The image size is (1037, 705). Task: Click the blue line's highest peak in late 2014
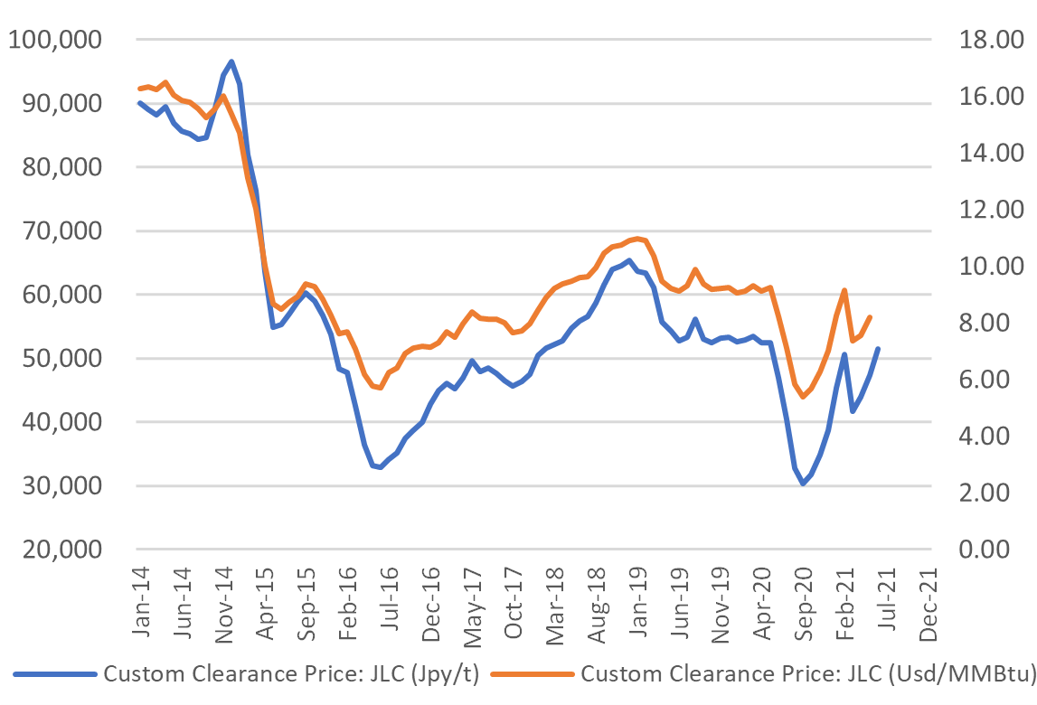tap(231, 61)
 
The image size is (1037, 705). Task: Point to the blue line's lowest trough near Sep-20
tap(802, 484)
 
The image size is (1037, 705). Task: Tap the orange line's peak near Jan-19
tap(637, 239)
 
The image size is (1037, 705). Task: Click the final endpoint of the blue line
tap(878, 349)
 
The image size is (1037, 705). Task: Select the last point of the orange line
tap(870, 316)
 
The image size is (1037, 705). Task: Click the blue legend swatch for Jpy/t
tap(54, 673)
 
